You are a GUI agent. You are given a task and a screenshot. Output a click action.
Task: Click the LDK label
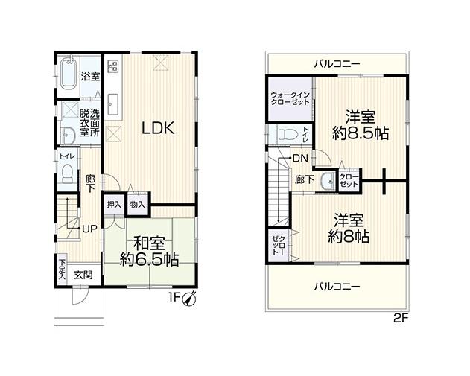[158, 129]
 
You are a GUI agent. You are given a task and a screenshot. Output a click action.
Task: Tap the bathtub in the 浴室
[69, 74]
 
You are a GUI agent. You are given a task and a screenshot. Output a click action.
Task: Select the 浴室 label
[90, 77]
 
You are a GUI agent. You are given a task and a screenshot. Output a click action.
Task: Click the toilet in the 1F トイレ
[68, 173]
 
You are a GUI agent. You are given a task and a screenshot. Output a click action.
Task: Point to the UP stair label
[89, 229]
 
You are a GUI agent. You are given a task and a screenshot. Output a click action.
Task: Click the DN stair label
[300, 158]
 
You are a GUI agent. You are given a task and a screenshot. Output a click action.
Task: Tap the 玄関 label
[83, 275]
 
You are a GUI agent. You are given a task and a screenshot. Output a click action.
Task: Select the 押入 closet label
[114, 205]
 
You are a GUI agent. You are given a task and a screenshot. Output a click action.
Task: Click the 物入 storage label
[138, 205]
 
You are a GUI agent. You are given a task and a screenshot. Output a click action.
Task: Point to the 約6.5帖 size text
[149, 259]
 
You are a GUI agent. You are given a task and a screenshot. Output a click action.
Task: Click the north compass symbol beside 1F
[190, 299]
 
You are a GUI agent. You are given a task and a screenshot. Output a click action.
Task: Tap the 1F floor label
[174, 298]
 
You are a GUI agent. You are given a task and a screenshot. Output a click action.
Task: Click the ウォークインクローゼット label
[290, 99]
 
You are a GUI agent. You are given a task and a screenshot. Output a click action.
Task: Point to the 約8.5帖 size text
[361, 133]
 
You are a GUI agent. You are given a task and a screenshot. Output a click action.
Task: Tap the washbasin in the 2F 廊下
[328, 182]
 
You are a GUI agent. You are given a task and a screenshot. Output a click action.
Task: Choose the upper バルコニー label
[337, 64]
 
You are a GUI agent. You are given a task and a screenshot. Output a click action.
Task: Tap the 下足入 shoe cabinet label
[62, 270]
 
